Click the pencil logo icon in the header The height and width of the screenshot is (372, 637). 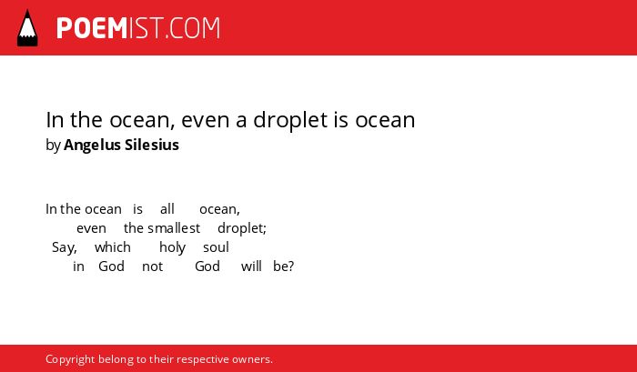(27, 28)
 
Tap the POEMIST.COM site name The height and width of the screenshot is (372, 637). (138, 28)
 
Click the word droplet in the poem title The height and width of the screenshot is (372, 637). (290, 120)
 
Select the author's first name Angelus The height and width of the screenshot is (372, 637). (92, 145)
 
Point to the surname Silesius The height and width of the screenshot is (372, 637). (152, 145)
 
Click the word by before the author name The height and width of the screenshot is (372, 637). (53, 146)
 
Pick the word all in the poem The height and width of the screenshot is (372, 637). (167, 209)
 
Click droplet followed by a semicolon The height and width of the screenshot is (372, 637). (242, 228)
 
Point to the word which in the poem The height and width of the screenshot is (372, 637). (113, 247)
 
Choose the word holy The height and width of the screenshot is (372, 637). (172, 247)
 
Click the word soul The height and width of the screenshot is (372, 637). (217, 247)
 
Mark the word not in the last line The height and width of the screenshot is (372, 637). (152, 266)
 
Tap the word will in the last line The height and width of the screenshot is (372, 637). (251, 266)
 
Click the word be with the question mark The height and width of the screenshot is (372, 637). (284, 266)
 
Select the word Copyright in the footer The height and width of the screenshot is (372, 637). (70, 360)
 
